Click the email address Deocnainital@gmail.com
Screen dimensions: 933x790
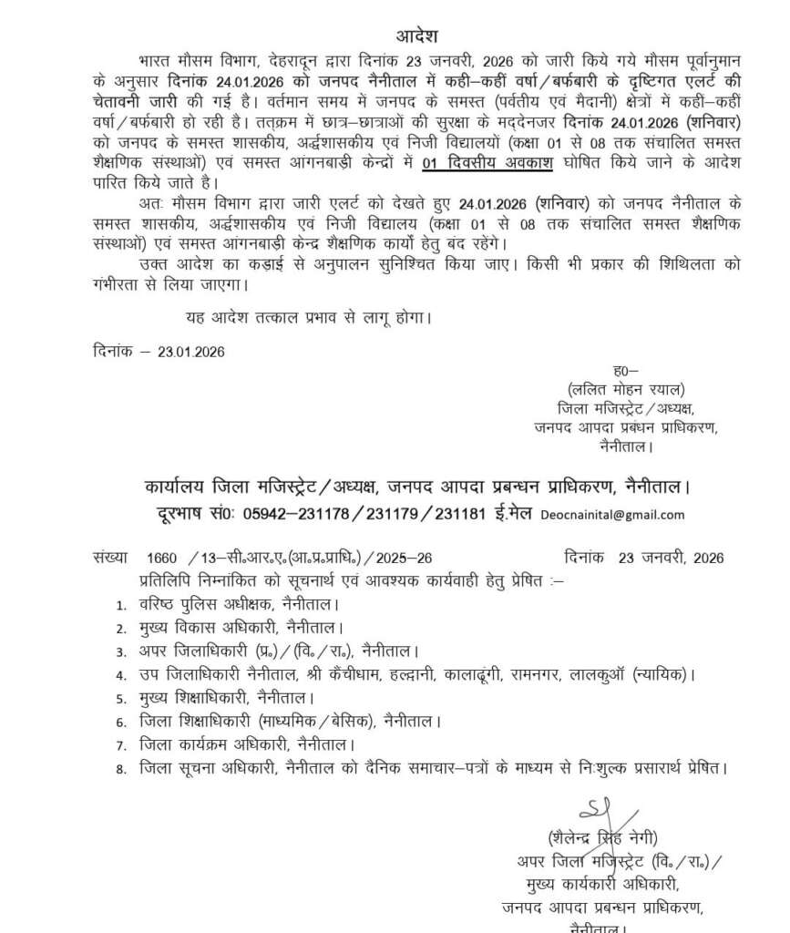[611, 515]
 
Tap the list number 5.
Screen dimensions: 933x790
[120, 699]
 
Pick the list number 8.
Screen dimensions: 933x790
[120, 770]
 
